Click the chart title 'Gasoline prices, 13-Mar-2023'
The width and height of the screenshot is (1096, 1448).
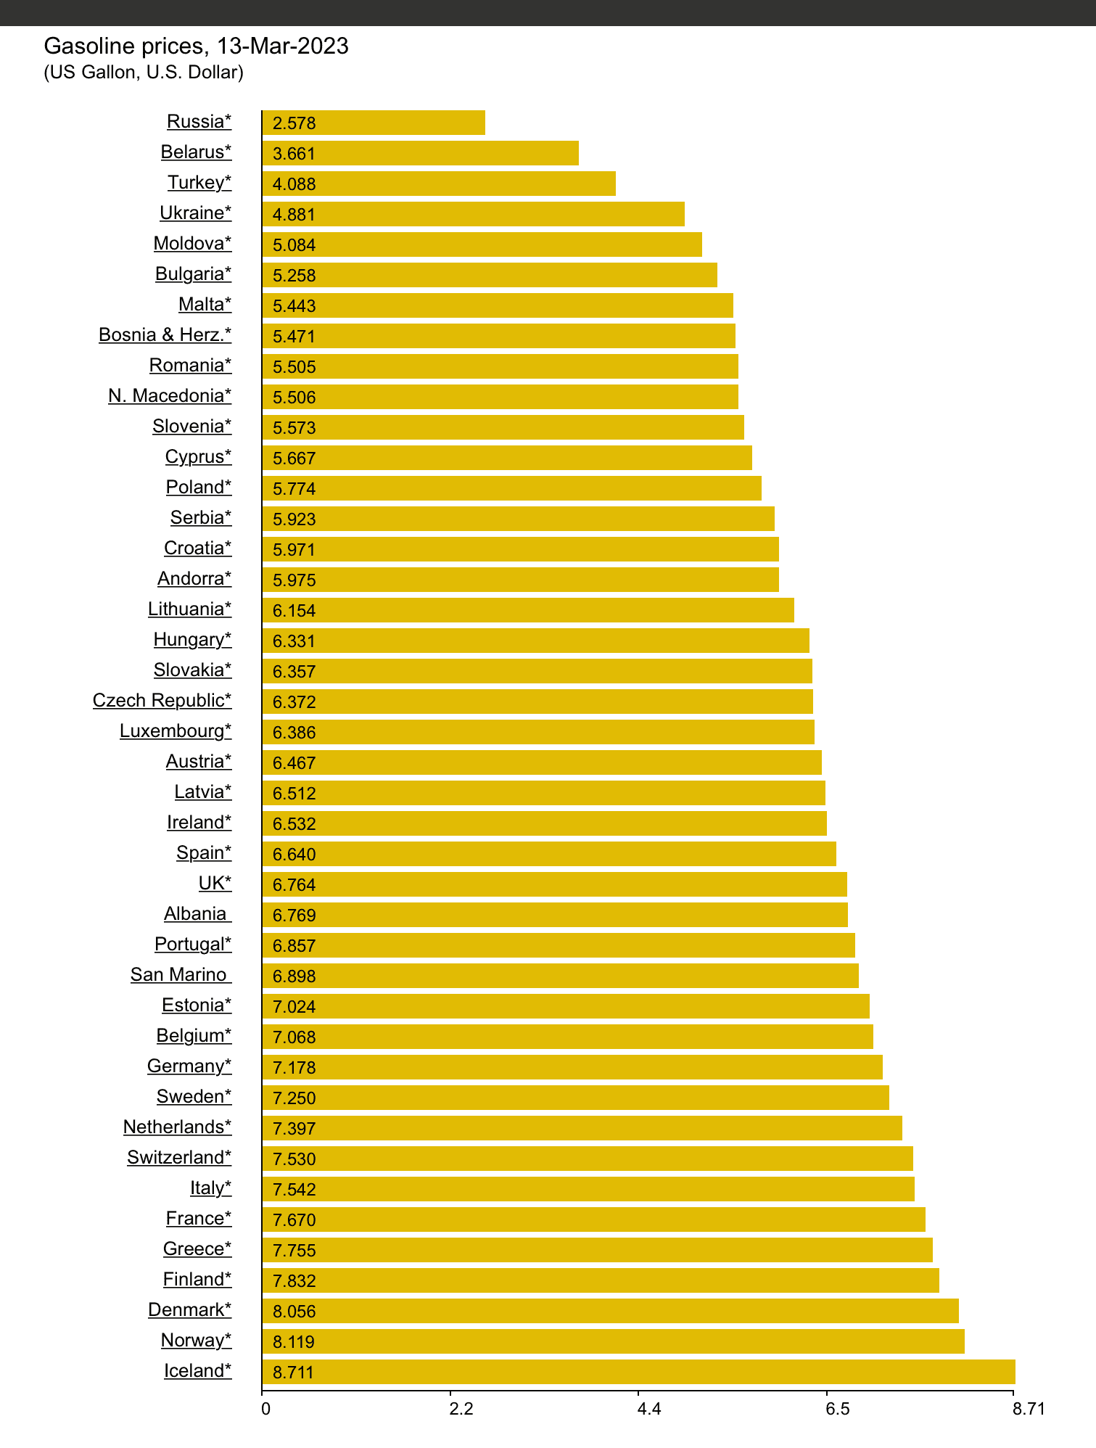pyautogui.click(x=196, y=46)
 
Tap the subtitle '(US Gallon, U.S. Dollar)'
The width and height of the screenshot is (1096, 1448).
pyautogui.click(x=144, y=73)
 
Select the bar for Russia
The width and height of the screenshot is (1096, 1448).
pyautogui.click(x=373, y=123)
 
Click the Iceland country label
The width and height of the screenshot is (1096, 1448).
pyautogui.click(x=197, y=1370)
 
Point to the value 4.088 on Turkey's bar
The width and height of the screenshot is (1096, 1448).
pyautogui.click(x=294, y=184)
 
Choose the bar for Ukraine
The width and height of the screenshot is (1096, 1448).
pyautogui.click(x=473, y=214)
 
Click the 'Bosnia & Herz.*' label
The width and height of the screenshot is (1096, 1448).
pyautogui.click(x=165, y=334)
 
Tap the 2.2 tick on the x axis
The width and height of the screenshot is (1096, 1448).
pyautogui.click(x=461, y=1409)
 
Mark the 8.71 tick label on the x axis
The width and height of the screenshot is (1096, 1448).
pyautogui.click(x=1029, y=1409)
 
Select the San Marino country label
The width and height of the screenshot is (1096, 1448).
pyautogui.click(x=180, y=974)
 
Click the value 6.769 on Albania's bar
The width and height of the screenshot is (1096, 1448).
pyautogui.click(x=294, y=916)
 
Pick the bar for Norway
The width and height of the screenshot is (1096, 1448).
pyautogui.click(x=613, y=1341)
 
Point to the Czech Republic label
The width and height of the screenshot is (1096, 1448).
pyautogui.click(x=162, y=700)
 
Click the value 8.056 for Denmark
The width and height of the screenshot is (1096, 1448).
pyautogui.click(x=294, y=1312)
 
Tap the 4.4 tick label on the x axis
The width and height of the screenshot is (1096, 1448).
pyautogui.click(x=648, y=1409)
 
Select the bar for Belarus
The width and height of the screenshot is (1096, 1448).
pyautogui.click(x=420, y=153)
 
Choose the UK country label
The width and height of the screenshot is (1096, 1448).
pyautogui.click(x=215, y=883)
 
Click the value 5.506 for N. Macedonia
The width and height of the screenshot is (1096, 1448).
pyautogui.click(x=294, y=398)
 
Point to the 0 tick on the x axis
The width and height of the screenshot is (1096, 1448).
pyautogui.click(x=265, y=1409)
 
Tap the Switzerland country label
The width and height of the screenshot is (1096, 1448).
pyautogui.click(x=179, y=1157)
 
